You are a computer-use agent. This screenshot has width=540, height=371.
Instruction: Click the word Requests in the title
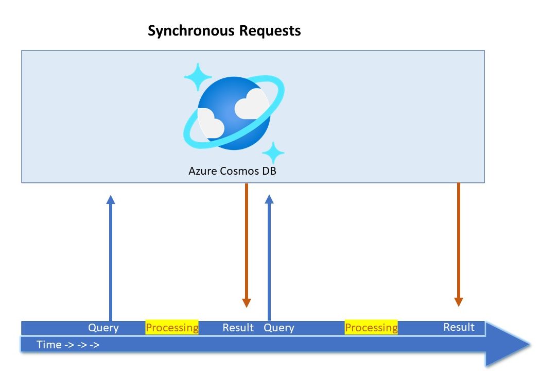[x=270, y=31]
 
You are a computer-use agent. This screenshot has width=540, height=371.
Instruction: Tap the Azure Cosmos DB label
[x=233, y=171]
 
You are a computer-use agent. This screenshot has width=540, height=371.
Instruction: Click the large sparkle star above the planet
[x=198, y=77]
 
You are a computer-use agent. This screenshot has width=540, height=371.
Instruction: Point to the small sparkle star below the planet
[x=273, y=153]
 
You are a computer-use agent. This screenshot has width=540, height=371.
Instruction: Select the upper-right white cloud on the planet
[x=252, y=104]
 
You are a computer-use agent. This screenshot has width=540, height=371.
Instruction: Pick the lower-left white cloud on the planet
[x=211, y=124]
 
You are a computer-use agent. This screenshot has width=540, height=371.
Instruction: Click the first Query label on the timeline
[x=103, y=328]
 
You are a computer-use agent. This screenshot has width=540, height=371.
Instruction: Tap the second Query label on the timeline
[x=279, y=328]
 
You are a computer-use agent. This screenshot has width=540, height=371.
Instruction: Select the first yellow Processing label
[x=172, y=328]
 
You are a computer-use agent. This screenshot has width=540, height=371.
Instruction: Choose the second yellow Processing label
[x=371, y=328]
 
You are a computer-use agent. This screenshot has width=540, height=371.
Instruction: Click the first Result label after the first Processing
[x=238, y=328]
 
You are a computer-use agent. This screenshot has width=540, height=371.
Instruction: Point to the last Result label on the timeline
[x=459, y=327]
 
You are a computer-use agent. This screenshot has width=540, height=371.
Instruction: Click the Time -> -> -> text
[x=68, y=345]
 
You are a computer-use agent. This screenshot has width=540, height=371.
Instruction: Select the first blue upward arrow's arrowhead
[x=111, y=199]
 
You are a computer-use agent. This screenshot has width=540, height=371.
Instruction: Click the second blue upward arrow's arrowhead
[x=269, y=199]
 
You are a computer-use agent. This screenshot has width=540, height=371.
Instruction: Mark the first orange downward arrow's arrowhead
[x=247, y=303]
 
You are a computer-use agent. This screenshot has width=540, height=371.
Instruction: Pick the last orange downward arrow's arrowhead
[x=459, y=302]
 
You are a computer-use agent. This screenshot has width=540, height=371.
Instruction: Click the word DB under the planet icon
[x=269, y=171]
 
